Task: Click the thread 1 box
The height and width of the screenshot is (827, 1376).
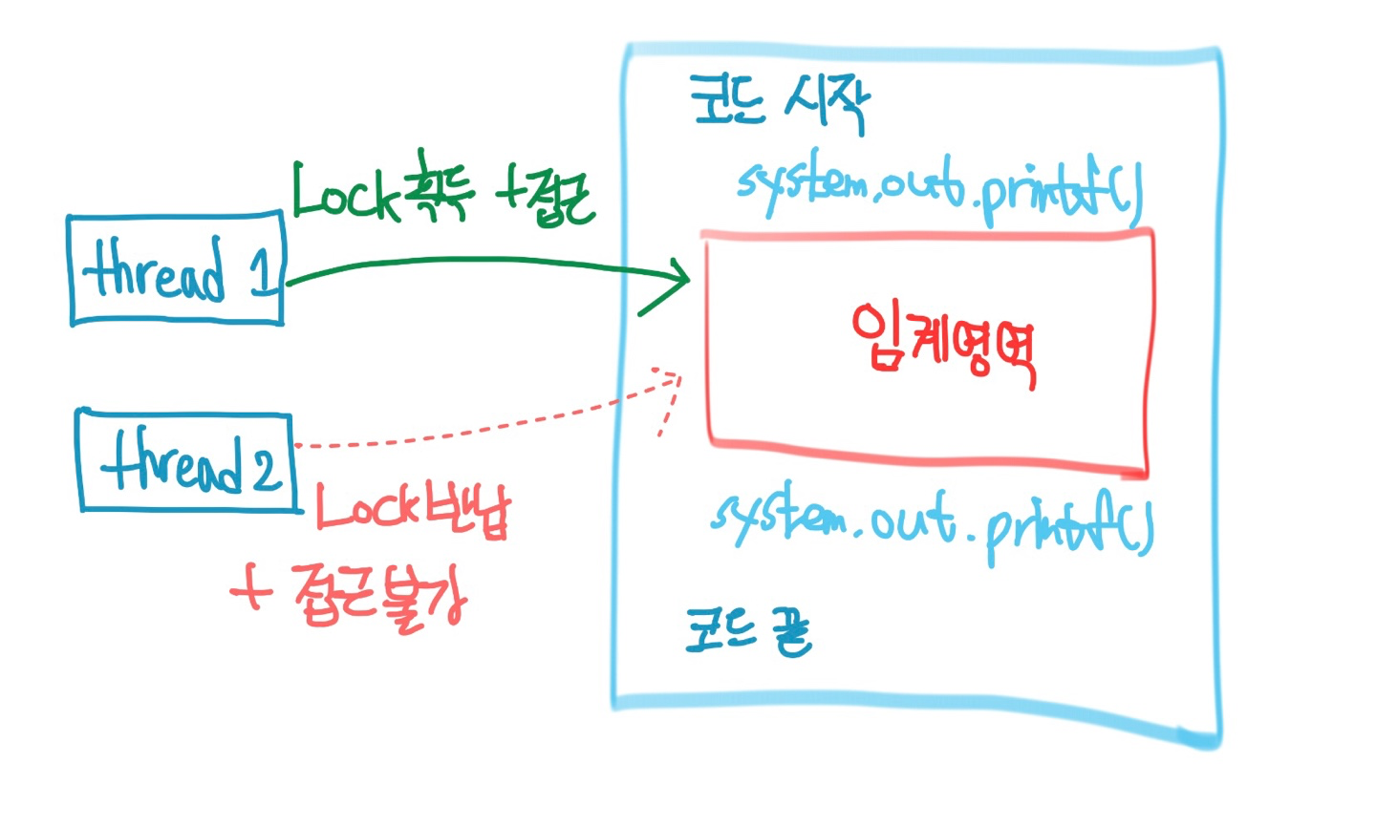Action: coord(177,270)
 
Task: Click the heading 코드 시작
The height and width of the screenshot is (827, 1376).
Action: coord(779,102)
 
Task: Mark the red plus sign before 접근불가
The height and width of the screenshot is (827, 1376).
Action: coord(250,591)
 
